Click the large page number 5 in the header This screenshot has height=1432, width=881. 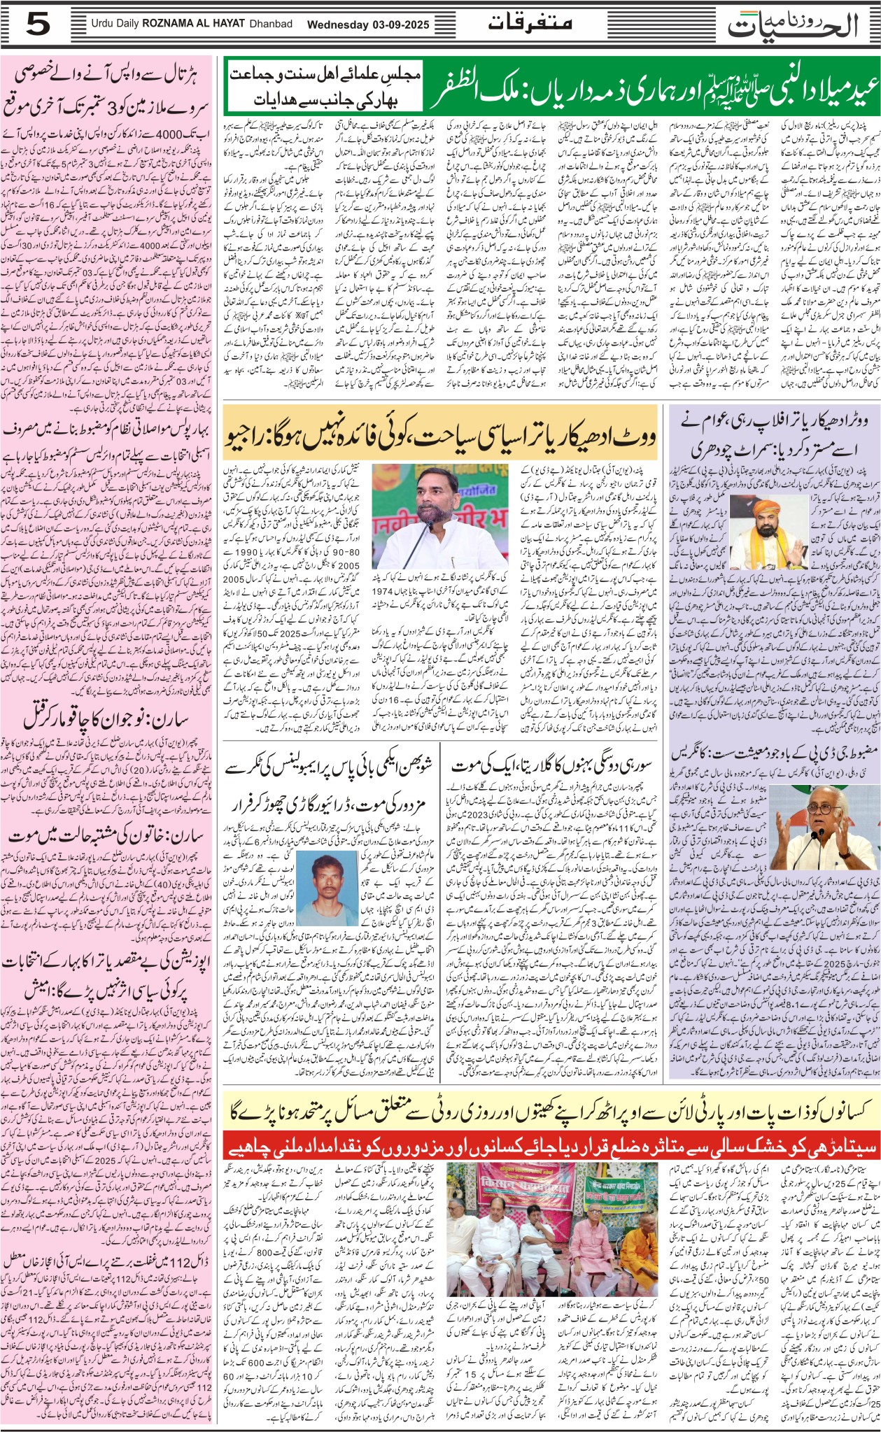pos(39,27)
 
